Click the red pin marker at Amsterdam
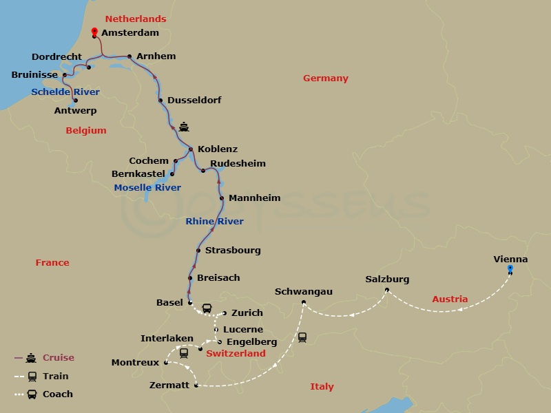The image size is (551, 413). [x=94, y=32]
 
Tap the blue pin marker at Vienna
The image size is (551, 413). [x=510, y=269]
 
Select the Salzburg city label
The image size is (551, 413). [x=387, y=279]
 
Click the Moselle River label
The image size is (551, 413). [x=147, y=187]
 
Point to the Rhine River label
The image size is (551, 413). [x=215, y=221]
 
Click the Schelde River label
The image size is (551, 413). [x=65, y=92]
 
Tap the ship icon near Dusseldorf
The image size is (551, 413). [x=183, y=127]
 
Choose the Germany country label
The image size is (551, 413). [x=326, y=78]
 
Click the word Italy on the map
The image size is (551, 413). [x=322, y=386]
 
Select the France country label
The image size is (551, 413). [x=53, y=262]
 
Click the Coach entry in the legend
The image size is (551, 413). [x=57, y=394]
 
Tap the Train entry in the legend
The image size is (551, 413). [x=56, y=376]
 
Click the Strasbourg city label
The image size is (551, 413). [x=233, y=250]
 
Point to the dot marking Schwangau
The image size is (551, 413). [x=304, y=302]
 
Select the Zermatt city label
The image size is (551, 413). [x=169, y=385]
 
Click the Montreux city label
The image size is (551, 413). [x=135, y=362]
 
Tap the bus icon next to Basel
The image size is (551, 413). [x=207, y=308]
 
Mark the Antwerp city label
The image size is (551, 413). [x=76, y=110]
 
